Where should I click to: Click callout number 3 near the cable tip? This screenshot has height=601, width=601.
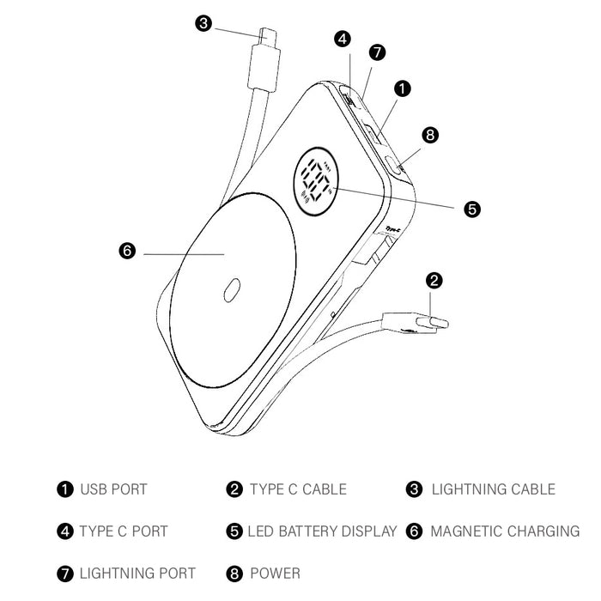pyautogui.click(x=203, y=23)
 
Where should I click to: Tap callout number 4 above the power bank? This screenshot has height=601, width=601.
pyautogui.click(x=343, y=39)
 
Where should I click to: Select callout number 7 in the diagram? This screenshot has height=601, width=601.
pyautogui.click(x=377, y=53)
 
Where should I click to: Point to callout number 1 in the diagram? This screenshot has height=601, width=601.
pyautogui.click(x=403, y=88)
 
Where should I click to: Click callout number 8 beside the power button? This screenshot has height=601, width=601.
pyautogui.click(x=430, y=134)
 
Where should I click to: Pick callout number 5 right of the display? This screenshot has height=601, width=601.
pyautogui.click(x=471, y=208)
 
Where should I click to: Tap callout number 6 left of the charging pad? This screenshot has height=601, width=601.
pyautogui.click(x=126, y=251)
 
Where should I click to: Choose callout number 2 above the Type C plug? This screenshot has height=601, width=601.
pyautogui.click(x=434, y=280)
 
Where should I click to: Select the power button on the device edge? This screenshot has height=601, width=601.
pyautogui.click(x=396, y=164)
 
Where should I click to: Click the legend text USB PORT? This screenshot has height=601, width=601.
pyautogui.click(x=113, y=489)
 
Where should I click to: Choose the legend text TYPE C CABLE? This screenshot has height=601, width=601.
pyautogui.click(x=298, y=489)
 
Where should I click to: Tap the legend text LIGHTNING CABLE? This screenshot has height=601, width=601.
pyautogui.click(x=493, y=489)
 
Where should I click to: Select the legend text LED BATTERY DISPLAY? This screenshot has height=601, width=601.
pyautogui.click(x=322, y=531)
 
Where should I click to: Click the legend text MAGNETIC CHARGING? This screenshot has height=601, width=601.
pyautogui.click(x=505, y=531)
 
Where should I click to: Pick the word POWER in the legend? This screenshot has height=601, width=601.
pyautogui.click(x=275, y=573)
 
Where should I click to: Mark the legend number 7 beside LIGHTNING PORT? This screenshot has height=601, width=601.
pyautogui.click(x=65, y=573)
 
